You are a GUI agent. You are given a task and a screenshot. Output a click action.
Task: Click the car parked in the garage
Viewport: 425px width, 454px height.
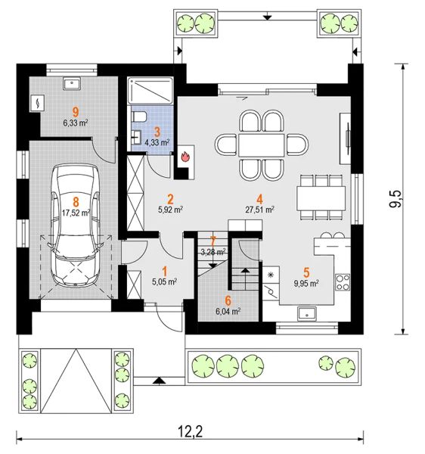coord(76,225)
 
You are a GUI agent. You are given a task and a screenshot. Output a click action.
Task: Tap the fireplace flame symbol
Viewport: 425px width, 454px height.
coord(185,157)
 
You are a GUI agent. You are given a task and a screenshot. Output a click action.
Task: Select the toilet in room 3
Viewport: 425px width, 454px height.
coord(139,117)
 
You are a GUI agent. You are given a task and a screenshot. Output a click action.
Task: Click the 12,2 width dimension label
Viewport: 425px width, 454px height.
coord(190,432)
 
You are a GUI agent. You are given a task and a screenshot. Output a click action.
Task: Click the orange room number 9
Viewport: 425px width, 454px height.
coord(76,111)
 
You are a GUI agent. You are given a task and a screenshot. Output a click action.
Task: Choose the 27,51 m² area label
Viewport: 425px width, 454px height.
coord(260,210)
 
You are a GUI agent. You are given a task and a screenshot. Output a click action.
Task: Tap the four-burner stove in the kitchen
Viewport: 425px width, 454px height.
coord(343,281)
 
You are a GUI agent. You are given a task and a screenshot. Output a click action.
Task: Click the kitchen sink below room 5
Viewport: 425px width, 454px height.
coord(307,313)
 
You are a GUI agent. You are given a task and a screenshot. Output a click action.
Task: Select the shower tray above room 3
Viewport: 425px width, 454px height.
coord(150,90)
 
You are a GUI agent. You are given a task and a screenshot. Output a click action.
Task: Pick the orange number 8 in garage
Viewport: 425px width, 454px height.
coord(76,201)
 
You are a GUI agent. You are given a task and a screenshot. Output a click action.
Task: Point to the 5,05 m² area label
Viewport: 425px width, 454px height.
coord(165,281)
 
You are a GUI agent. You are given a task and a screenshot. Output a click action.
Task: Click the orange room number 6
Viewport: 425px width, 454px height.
coord(228,301)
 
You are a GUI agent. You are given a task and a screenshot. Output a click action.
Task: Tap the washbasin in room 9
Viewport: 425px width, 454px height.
coord(71,83)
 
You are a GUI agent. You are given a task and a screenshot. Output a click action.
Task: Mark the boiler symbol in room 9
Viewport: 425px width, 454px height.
coord(37,103)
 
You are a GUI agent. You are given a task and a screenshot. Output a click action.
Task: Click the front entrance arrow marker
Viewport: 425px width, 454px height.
coord(157,380)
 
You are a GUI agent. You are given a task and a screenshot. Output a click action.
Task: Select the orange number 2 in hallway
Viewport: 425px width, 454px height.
coord(170,199)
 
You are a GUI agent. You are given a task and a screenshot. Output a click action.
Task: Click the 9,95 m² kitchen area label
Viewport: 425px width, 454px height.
coord(306,283)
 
